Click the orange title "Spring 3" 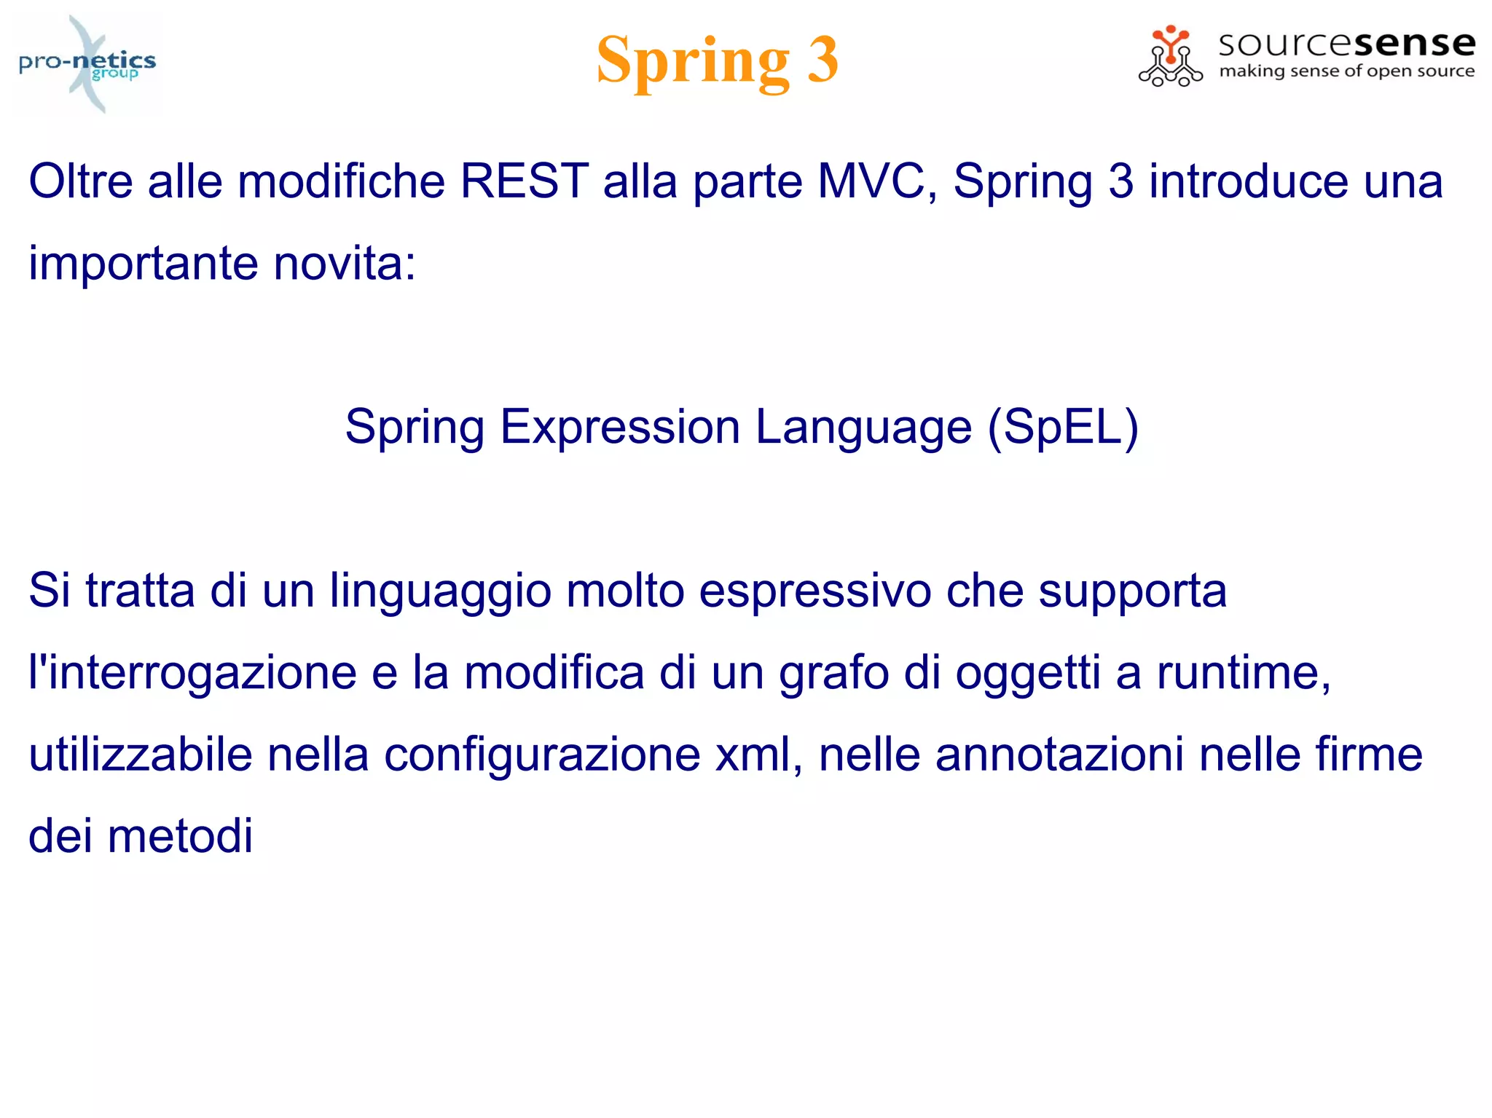(717, 60)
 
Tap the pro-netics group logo (87, 64)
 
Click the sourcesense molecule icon (1170, 57)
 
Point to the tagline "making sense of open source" (1346, 71)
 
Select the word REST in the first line (524, 181)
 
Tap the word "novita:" (345, 263)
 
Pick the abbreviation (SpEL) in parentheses (1063, 427)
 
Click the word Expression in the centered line (620, 427)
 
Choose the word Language (863, 427)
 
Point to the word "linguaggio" (440, 591)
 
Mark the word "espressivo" (814, 591)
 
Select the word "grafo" (834, 672)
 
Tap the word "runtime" (1243, 672)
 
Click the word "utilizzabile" (140, 755)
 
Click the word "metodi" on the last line (180, 836)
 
